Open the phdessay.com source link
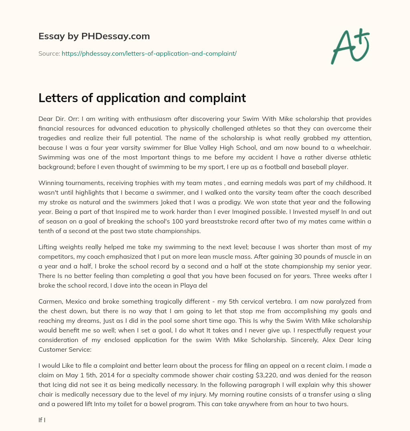click(149, 53)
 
